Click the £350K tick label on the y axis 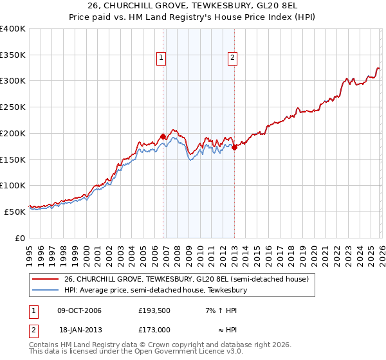pyautogui.click(x=13, y=55)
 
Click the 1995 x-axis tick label pyautogui.click(x=30, y=250)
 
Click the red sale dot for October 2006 pyautogui.click(x=163, y=136)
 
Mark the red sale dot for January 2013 pyautogui.click(x=234, y=147)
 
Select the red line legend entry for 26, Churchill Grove pyautogui.click(x=187, y=279)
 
